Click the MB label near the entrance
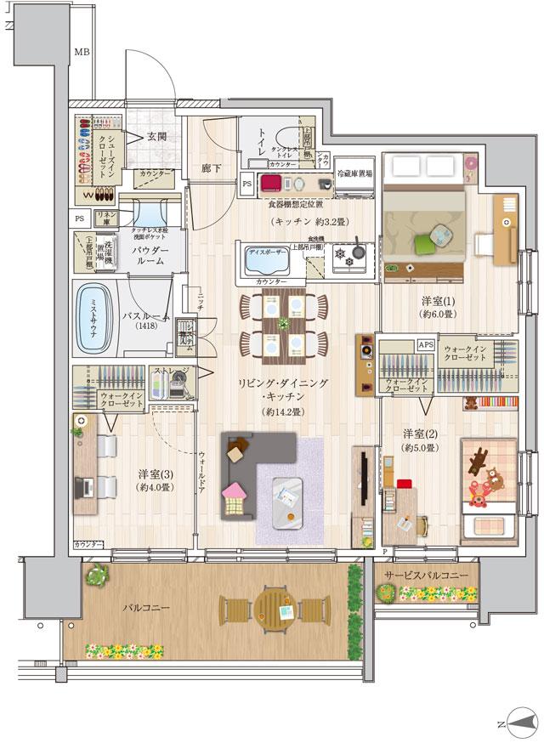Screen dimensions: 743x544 tap(81, 53)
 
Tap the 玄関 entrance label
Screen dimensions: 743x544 tap(156, 136)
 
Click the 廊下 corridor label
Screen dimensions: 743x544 tap(212, 168)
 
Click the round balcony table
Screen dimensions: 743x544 tap(275, 610)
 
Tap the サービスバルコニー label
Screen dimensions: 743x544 tap(425, 576)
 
